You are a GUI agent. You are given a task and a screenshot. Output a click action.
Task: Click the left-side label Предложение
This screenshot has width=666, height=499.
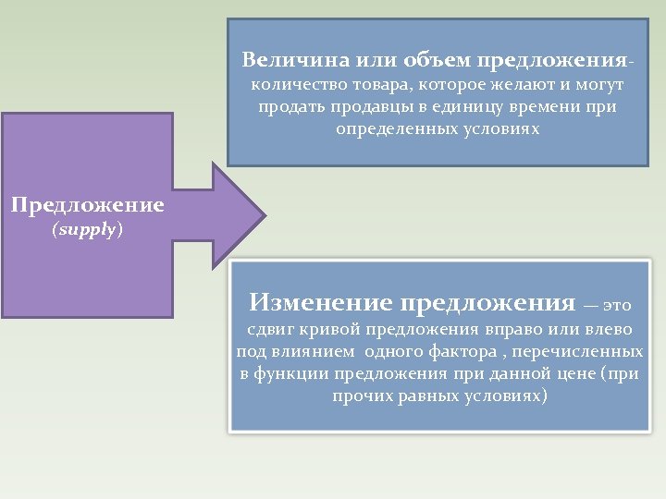[88, 205]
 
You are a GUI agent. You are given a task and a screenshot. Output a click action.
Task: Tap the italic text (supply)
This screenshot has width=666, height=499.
[87, 229]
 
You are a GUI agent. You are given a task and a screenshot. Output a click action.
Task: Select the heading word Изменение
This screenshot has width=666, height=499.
[321, 303]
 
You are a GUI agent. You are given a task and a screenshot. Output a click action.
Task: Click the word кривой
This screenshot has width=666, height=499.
[332, 330]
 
